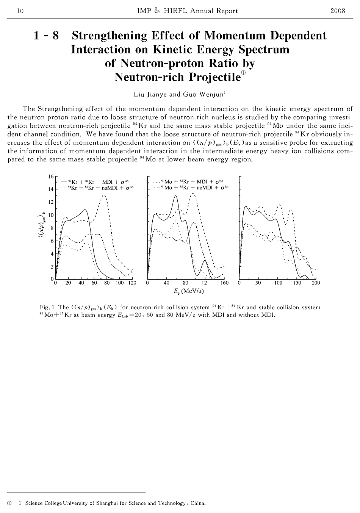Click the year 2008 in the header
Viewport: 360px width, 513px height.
click(x=338, y=11)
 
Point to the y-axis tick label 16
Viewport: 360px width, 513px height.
click(x=51, y=177)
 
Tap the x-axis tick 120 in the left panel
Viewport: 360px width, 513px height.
click(x=132, y=283)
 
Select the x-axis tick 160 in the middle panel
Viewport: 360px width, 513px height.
click(x=224, y=283)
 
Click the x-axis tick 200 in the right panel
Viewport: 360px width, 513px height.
click(x=316, y=283)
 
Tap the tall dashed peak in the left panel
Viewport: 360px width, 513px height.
click(x=104, y=196)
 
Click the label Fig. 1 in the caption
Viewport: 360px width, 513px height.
click(x=47, y=307)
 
